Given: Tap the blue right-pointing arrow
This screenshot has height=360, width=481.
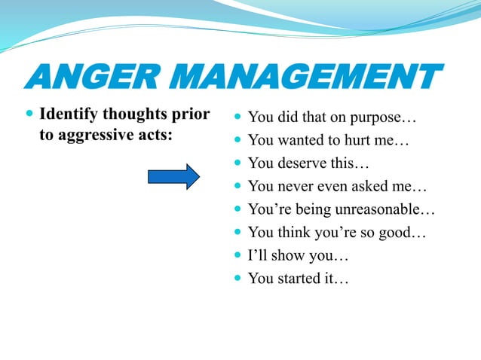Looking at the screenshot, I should pyautogui.click(x=173, y=177).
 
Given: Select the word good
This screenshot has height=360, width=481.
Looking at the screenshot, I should pyautogui.click(x=394, y=233).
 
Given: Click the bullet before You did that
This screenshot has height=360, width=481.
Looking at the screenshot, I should pyautogui.click(x=237, y=118).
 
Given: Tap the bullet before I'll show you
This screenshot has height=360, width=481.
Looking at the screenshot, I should pyautogui.click(x=237, y=256).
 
